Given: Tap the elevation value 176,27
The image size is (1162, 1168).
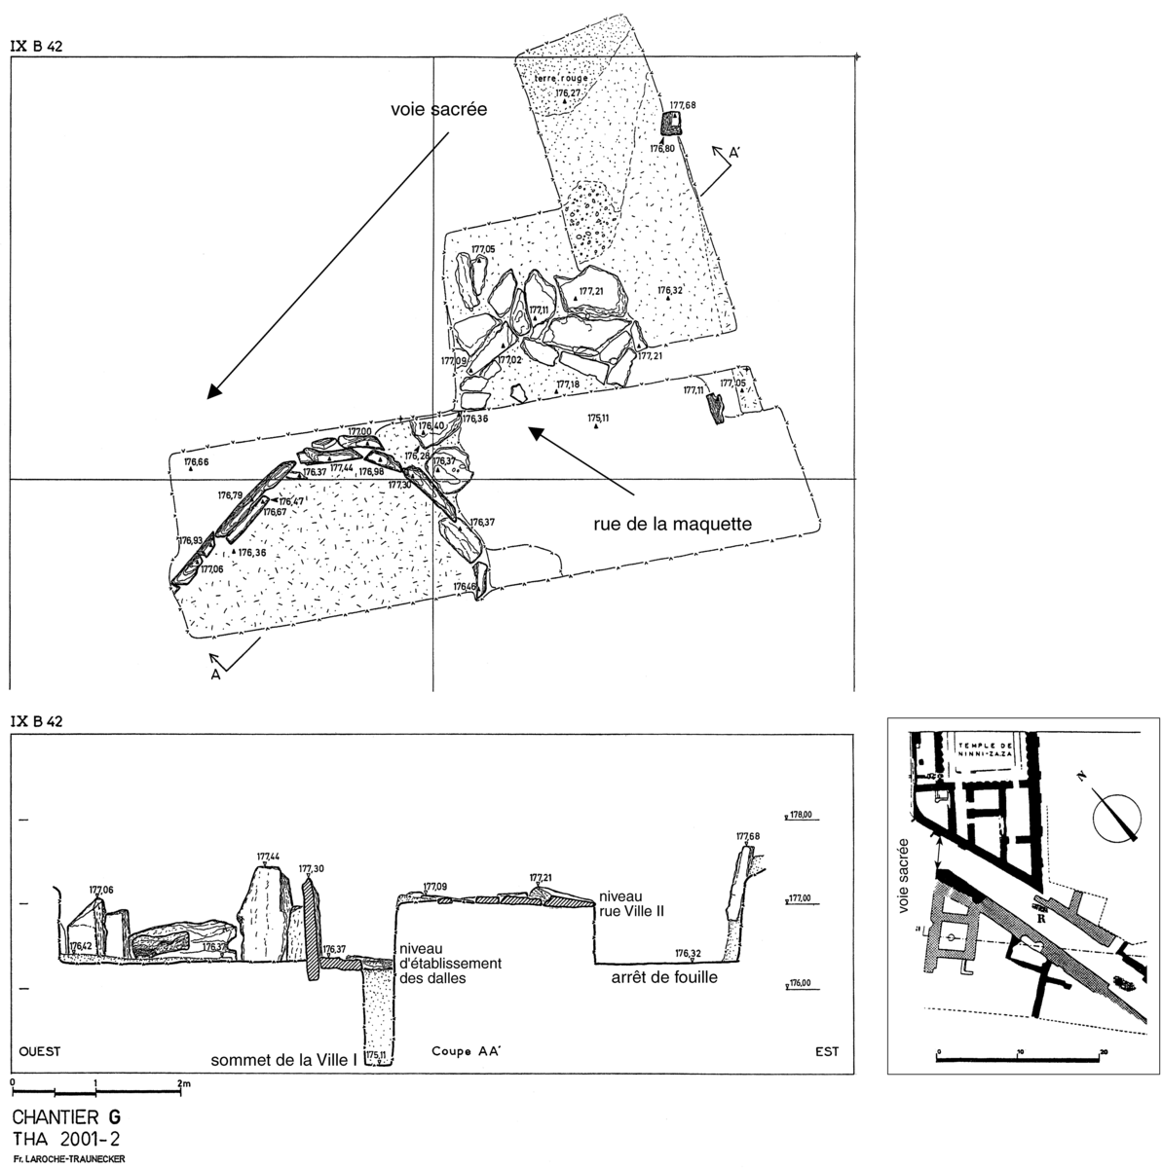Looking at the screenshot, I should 568,93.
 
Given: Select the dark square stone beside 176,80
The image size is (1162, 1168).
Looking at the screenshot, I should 671,123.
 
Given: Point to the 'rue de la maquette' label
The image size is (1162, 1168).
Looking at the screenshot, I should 673,524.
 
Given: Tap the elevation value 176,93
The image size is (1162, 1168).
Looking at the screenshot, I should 190,540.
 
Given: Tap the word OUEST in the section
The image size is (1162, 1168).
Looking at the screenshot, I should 40,1051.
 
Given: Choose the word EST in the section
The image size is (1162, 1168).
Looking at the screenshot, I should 826,1051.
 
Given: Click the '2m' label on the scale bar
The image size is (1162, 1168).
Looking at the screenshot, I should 183,1082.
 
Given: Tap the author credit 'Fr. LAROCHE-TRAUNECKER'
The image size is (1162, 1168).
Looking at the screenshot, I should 69,1157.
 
